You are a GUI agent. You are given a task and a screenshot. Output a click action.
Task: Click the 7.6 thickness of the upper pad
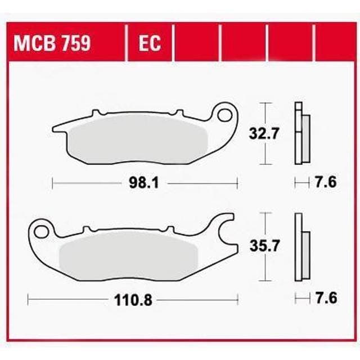click(x=325, y=183)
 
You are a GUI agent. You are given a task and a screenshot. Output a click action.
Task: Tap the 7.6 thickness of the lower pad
click(x=325, y=298)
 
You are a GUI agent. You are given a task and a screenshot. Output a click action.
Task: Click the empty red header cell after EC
click(x=196, y=43)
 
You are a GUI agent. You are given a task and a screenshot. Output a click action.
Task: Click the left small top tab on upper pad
click(x=97, y=112)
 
